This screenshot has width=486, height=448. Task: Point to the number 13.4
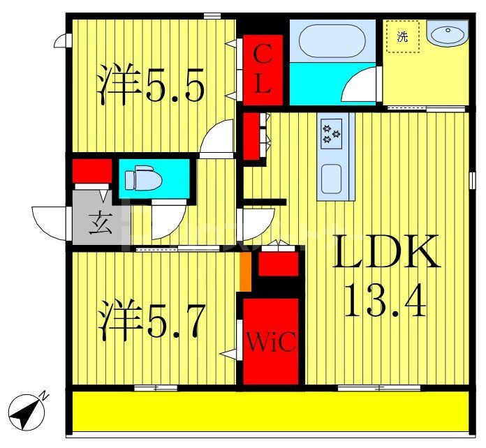(x=385, y=302)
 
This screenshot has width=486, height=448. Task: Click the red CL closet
(x=263, y=69)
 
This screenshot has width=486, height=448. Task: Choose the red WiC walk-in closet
(x=270, y=341)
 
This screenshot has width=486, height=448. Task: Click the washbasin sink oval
(x=448, y=33)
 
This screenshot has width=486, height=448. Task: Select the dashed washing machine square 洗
(x=403, y=36)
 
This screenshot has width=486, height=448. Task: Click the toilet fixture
(x=143, y=179)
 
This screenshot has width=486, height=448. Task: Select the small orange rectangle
(x=245, y=272)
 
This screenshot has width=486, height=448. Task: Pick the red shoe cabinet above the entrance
(x=93, y=170)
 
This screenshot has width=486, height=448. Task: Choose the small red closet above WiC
(x=278, y=264)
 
